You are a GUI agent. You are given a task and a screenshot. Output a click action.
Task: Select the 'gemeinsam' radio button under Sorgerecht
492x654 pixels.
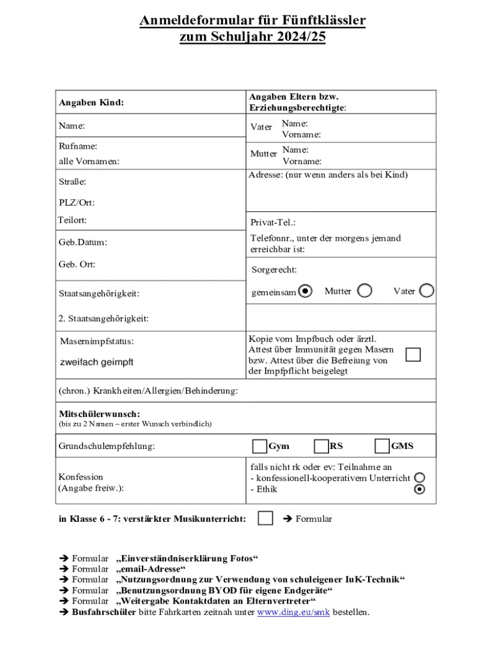pos(306,291)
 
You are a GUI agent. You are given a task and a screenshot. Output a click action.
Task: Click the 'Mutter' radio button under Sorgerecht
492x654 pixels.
pos(365,291)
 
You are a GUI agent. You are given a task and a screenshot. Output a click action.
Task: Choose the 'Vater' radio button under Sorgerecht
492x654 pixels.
pos(427,291)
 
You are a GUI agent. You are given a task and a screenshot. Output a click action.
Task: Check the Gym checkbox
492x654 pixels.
pos(259,446)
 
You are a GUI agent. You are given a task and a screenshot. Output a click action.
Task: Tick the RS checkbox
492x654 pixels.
pos(321,446)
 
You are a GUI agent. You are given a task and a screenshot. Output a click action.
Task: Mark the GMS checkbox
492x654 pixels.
pos(382,446)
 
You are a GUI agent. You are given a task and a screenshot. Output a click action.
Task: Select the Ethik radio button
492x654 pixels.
pos(419,490)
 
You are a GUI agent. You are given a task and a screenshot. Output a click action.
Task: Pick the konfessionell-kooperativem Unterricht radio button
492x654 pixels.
pos(419,478)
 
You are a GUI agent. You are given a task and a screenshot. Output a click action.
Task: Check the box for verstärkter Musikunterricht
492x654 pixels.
pos(265,518)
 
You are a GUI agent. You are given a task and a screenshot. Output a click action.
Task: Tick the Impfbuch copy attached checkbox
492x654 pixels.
pos(413,354)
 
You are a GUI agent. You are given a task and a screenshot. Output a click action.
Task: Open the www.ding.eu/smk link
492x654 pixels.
pos(293,612)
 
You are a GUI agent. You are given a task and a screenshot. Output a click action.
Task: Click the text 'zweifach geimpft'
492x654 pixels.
pos(96,362)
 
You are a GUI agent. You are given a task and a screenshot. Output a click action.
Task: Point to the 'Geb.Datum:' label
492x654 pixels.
pos(83,243)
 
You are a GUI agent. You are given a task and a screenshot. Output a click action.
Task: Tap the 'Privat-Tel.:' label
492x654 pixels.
pos(273,223)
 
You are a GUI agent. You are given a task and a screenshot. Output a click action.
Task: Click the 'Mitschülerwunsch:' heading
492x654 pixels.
pos(99,414)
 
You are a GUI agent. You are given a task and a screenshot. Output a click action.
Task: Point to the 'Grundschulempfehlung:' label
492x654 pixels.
pos(107,446)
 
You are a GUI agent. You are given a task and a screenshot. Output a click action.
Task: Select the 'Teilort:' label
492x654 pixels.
pos(72,220)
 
